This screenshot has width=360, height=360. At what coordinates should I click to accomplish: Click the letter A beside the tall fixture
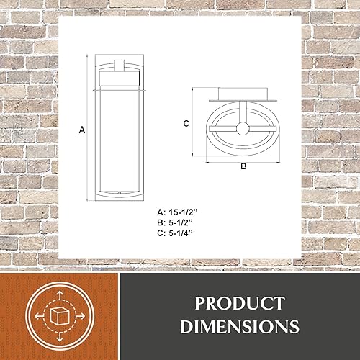(82, 130)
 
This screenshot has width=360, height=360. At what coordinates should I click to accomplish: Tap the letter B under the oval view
(243, 166)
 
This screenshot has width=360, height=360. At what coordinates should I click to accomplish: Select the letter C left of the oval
(185, 123)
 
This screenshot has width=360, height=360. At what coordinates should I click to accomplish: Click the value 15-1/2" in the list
(186, 212)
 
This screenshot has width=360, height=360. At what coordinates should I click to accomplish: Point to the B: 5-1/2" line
(176, 222)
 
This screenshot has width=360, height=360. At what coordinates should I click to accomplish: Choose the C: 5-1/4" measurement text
(176, 233)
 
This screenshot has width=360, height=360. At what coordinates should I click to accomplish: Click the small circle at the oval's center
(243, 130)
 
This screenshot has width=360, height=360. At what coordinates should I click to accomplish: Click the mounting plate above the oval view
(243, 94)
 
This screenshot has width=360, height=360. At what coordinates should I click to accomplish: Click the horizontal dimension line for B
(243, 158)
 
